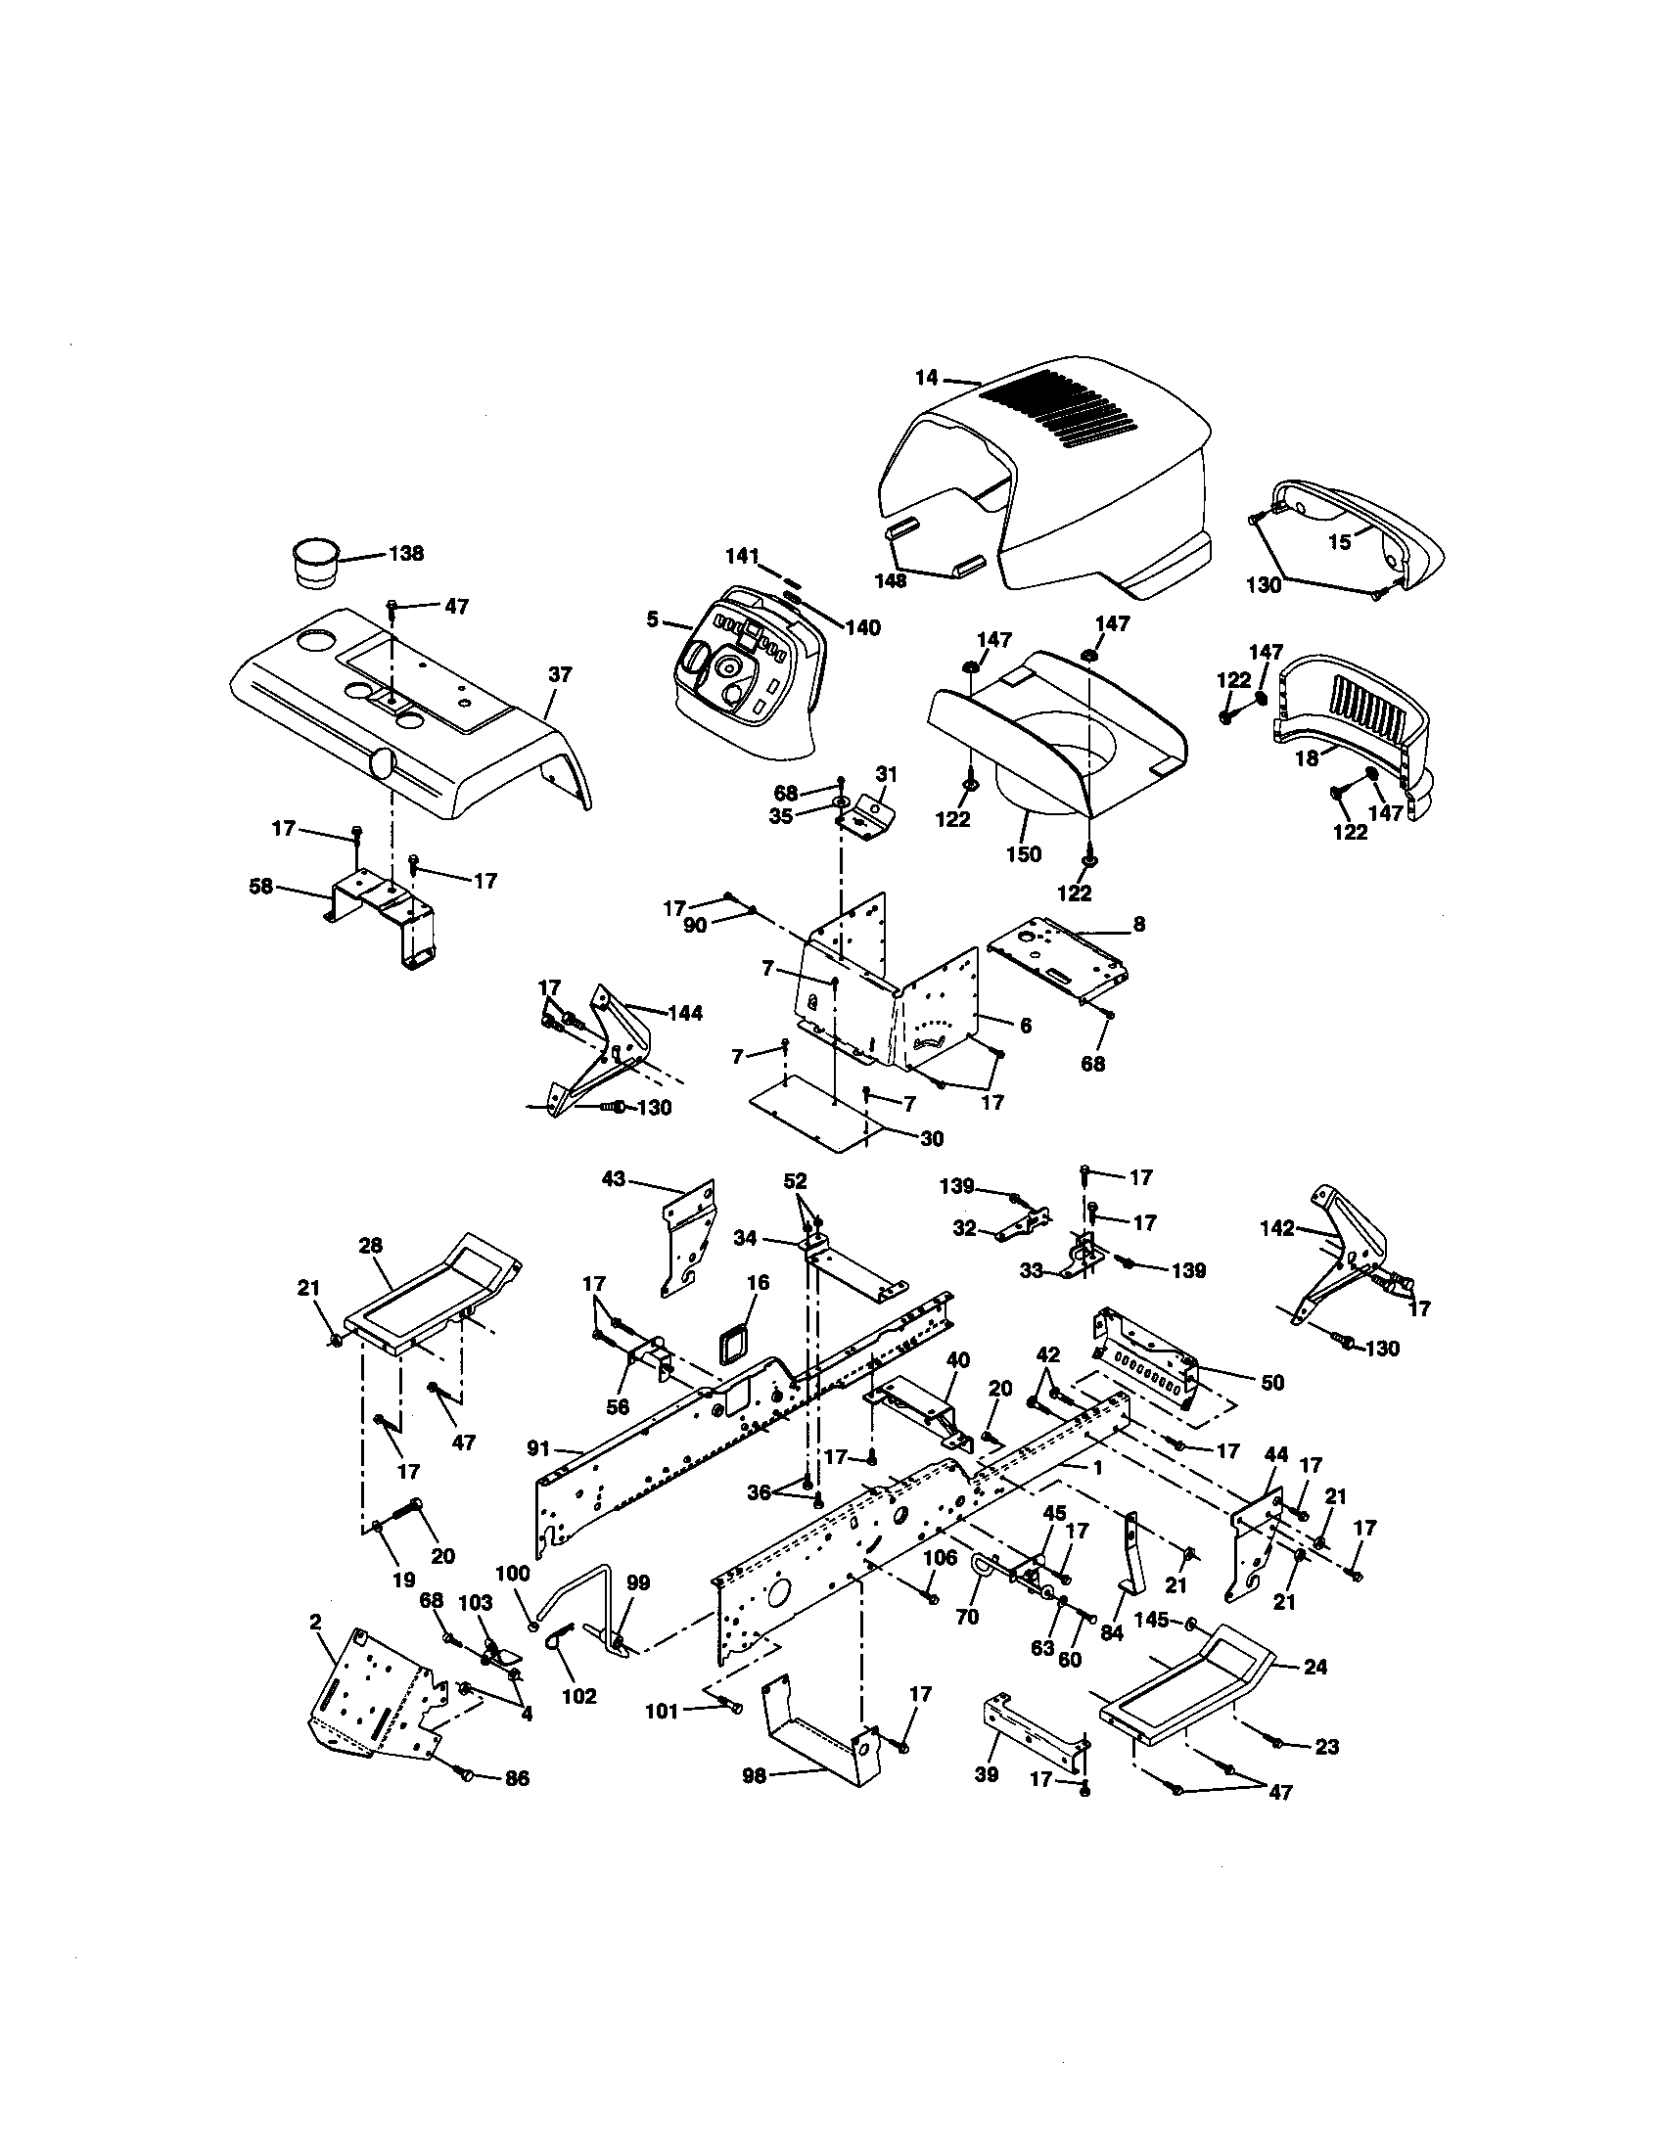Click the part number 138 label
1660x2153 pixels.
(405, 553)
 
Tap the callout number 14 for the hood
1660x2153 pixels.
(925, 377)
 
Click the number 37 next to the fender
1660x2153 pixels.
(559, 675)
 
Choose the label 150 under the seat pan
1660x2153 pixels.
(1023, 853)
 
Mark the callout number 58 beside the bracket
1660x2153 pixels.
(260, 887)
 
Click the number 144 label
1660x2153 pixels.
(684, 1013)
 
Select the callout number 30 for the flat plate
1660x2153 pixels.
(932, 1138)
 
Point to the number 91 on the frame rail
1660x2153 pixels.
(539, 1448)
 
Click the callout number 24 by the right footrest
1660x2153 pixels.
(1315, 1667)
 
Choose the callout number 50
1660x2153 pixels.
(1272, 1382)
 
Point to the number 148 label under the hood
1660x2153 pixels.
(890, 581)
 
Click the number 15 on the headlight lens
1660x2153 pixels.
(1340, 542)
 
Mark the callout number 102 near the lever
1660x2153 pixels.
(578, 1696)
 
